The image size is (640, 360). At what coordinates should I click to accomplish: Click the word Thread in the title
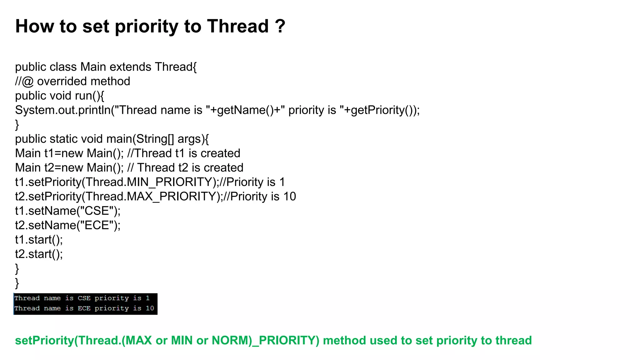238,26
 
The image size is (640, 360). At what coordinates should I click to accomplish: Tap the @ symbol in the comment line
28,82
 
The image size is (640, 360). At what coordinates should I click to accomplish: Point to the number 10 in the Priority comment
289,196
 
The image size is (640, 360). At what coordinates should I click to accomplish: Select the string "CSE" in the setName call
97,211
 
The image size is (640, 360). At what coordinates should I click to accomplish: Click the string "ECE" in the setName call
97,225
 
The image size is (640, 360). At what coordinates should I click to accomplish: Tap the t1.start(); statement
39,239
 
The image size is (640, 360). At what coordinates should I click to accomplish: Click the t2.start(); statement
39,254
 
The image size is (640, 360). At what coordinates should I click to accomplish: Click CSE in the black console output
84,298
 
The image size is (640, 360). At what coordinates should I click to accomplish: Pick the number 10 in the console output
150,308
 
